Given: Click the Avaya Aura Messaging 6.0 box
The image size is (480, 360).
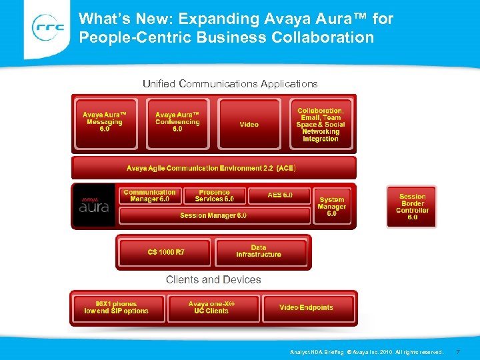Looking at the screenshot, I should click(103, 123).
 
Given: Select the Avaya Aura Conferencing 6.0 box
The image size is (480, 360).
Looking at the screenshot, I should click(177, 123).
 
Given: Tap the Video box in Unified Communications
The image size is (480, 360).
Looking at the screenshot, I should click(249, 124).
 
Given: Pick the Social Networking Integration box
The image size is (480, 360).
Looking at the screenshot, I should click(321, 124).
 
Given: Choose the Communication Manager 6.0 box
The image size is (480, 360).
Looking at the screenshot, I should click(150, 196).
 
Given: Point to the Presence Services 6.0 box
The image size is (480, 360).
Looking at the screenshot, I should click(214, 196).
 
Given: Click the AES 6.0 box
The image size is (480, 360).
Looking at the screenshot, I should click(280, 195).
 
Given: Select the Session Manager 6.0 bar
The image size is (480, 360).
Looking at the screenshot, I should click(213, 215).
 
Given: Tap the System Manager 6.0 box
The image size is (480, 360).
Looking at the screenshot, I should click(332, 207).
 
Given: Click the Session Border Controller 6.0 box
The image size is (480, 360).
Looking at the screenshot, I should click(412, 207).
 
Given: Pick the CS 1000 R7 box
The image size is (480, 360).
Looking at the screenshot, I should click(166, 252).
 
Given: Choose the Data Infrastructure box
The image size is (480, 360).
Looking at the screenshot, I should click(259, 251).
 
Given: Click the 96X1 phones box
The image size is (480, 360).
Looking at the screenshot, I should click(117, 308).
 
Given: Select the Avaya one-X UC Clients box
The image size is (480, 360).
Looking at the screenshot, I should click(212, 308).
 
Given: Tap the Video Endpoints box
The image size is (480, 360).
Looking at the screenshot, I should click(306, 308).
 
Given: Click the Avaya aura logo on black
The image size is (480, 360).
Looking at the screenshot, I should click(94, 205).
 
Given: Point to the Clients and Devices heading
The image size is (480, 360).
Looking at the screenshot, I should click(213, 280).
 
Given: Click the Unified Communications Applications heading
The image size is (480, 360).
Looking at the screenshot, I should click(230, 84).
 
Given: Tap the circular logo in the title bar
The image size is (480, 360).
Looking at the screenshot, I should click(49, 28).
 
